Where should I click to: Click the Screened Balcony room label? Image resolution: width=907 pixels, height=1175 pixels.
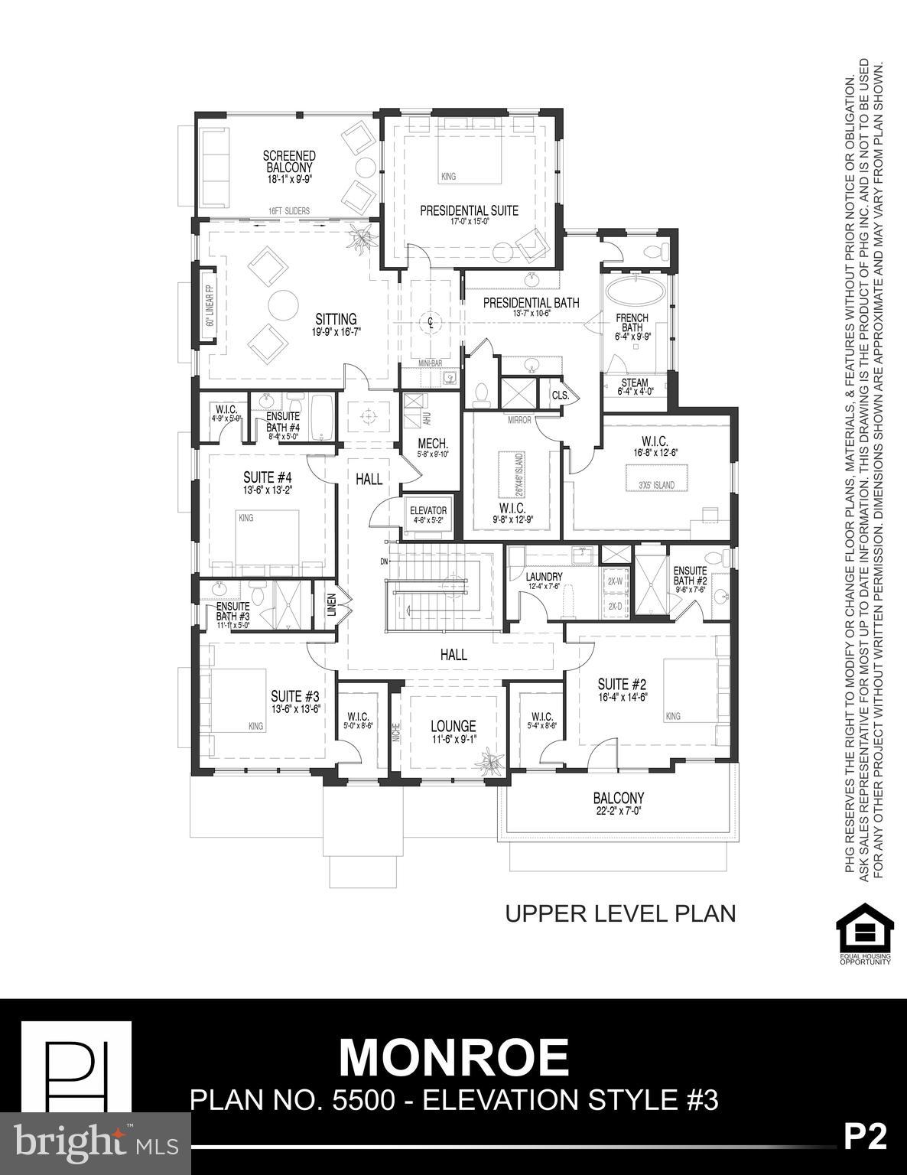pyautogui.click(x=289, y=161)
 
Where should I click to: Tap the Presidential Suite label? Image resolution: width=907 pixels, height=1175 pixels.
pyautogui.click(x=469, y=210)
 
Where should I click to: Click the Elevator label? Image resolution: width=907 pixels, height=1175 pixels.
pyautogui.click(x=427, y=511)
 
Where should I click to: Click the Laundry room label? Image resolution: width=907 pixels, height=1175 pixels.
pyautogui.click(x=544, y=577)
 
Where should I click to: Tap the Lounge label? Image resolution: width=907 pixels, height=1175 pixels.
pyautogui.click(x=453, y=726)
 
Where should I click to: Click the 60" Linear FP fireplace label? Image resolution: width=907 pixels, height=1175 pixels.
pyautogui.click(x=209, y=305)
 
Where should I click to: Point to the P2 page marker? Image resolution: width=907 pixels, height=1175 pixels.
pyautogui.click(x=865, y=1137)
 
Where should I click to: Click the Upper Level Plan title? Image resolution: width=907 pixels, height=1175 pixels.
pyautogui.click(x=620, y=913)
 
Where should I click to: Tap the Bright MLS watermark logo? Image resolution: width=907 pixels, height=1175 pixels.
pyautogui.click(x=96, y=1143)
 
